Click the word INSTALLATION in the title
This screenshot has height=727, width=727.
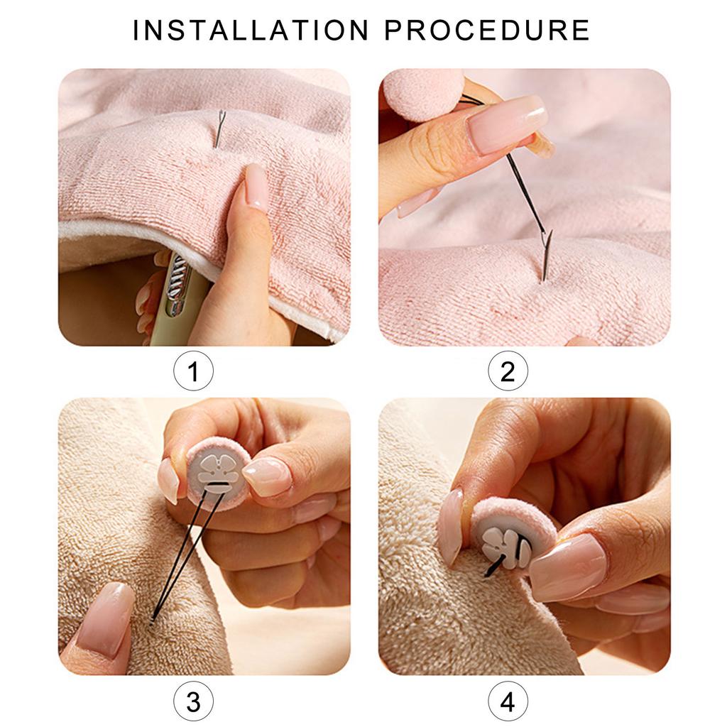251,31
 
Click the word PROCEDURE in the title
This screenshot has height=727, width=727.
487,31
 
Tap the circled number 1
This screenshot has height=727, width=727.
193,371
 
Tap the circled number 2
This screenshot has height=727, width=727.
508,371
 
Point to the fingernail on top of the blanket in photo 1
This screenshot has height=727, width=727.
256,187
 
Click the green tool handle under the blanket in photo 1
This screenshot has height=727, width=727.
177,298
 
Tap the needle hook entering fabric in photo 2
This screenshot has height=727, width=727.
545,256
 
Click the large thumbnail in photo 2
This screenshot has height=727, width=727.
505,124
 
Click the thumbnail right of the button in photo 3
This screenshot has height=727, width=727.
267,476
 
